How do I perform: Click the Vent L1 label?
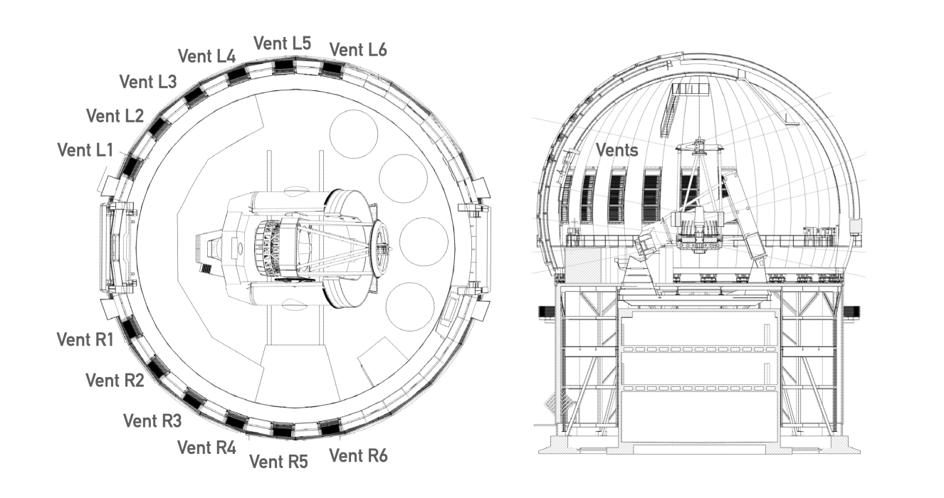coord(85,150)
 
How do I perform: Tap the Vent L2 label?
coord(115,116)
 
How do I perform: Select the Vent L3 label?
coord(148,82)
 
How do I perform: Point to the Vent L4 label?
coord(206,56)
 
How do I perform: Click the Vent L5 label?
coord(283,43)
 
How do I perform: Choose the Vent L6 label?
coord(358,50)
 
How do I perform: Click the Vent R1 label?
coord(85,340)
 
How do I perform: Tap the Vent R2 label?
coord(115,380)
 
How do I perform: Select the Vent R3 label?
coord(152,420)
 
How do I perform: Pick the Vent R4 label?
coord(206,447)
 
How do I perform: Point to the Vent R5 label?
coord(278,462)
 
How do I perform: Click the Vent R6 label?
coord(358,455)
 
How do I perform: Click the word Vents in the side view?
coord(617,150)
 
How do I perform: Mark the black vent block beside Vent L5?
coord(283,65)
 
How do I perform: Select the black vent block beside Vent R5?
coord(283,430)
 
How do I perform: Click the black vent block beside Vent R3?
coord(194,398)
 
